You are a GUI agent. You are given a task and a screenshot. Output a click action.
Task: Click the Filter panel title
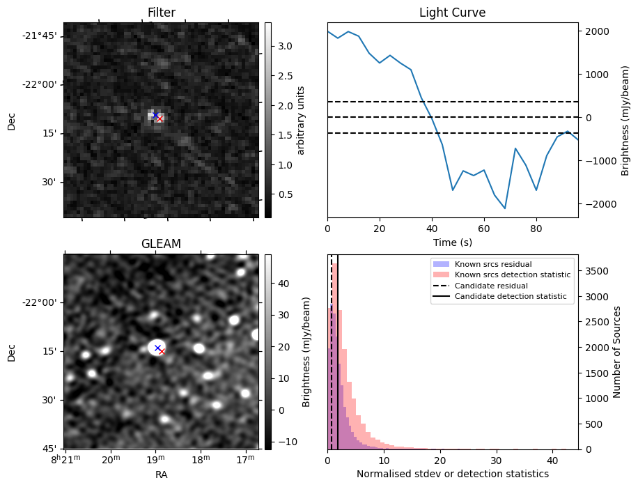coord(161,13)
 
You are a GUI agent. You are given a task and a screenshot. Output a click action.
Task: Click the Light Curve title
coord(452,13)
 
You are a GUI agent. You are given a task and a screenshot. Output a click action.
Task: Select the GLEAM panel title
coord(161,244)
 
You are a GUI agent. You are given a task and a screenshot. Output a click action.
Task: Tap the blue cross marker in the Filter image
coord(155,115)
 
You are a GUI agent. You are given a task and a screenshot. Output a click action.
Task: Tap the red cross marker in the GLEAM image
coord(162,352)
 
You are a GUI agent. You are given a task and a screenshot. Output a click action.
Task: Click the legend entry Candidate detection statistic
coord(512,297)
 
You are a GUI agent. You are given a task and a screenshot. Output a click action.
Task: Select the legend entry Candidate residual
coord(490,286)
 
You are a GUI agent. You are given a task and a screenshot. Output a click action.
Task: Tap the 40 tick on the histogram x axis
coord(552,461)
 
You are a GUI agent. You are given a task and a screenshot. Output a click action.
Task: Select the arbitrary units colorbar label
coord(301,120)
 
